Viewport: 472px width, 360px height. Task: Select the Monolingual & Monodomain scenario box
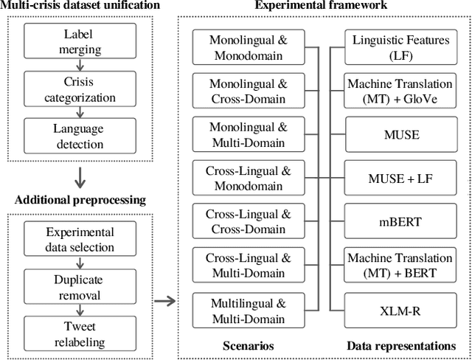pos(249,47)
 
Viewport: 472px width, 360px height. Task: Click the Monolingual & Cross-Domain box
pos(249,91)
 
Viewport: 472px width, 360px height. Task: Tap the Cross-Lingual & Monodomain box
pos(249,178)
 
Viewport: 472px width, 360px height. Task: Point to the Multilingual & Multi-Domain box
pos(249,308)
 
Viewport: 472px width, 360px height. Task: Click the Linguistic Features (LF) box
pos(400,47)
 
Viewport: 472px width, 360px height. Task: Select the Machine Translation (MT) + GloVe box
pos(400,91)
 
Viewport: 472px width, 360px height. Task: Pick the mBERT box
pos(400,221)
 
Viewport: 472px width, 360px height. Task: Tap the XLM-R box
pos(400,308)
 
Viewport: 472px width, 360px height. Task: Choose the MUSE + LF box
pos(400,178)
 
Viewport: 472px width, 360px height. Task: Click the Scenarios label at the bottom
pos(249,345)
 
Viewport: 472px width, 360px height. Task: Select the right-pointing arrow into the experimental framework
pos(165,300)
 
